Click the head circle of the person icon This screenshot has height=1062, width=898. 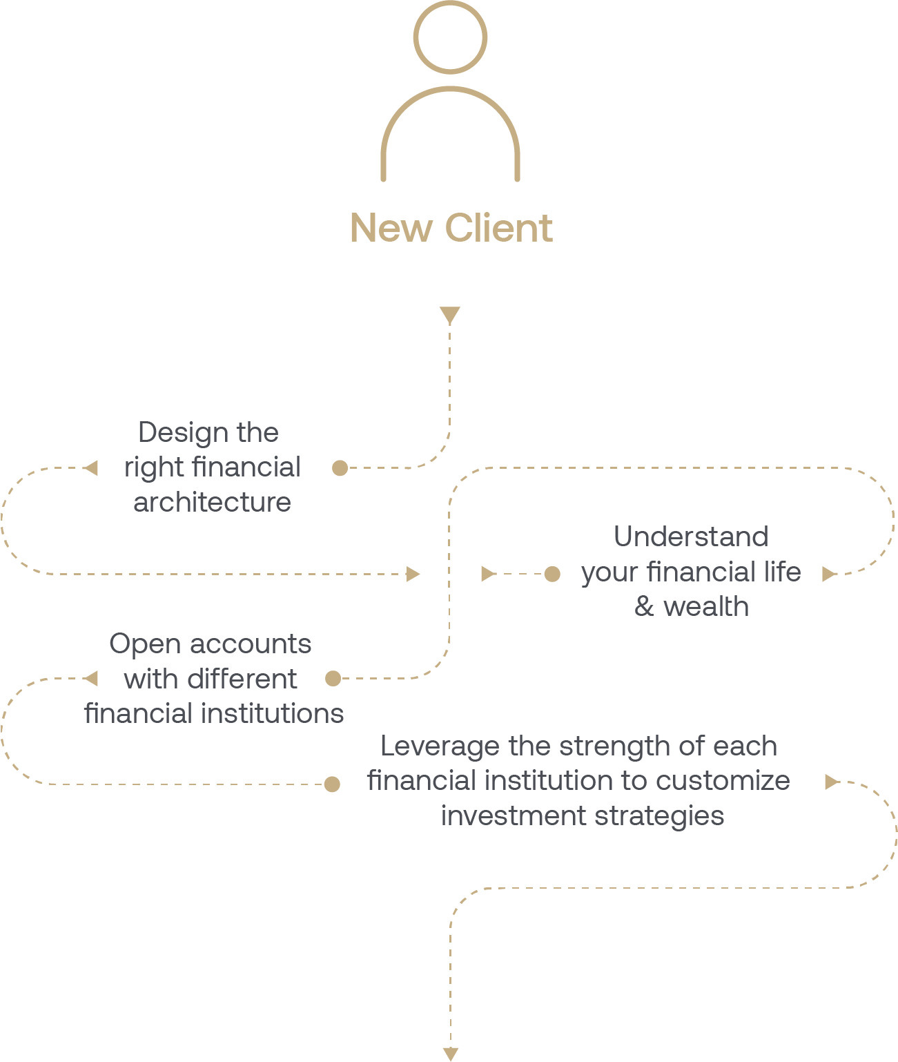pyautogui.click(x=450, y=37)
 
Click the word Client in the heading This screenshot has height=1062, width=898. pyautogui.click(x=498, y=228)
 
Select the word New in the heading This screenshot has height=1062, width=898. pyautogui.click(x=391, y=228)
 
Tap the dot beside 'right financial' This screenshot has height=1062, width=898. pyautogui.click(x=340, y=468)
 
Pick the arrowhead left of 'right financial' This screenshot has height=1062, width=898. pyautogui.click(x=90, y=468)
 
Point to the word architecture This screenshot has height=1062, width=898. pyautogui.click(x=212, y=502)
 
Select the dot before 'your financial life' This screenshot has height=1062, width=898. pyautogui.click(x=552, y=574)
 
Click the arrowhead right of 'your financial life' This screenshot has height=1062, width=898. pyautogui.click(x=829, y=574)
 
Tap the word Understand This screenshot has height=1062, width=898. pyautogui.click(x=691, y=537)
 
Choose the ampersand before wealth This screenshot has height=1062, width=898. pyautogui.click(x=644, y=606)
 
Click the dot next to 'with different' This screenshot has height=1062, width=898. pyautogui.click(x=333, y=679)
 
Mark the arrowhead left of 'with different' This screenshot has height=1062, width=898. pyautogui.click(x=90, y=679)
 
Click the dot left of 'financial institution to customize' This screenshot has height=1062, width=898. pyautogui.click(x=332, y=784)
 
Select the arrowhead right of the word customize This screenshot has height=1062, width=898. pyautogui.click(x=832, y=782)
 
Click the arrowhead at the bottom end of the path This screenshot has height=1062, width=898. pyautogui.click(x=450, y=1054)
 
